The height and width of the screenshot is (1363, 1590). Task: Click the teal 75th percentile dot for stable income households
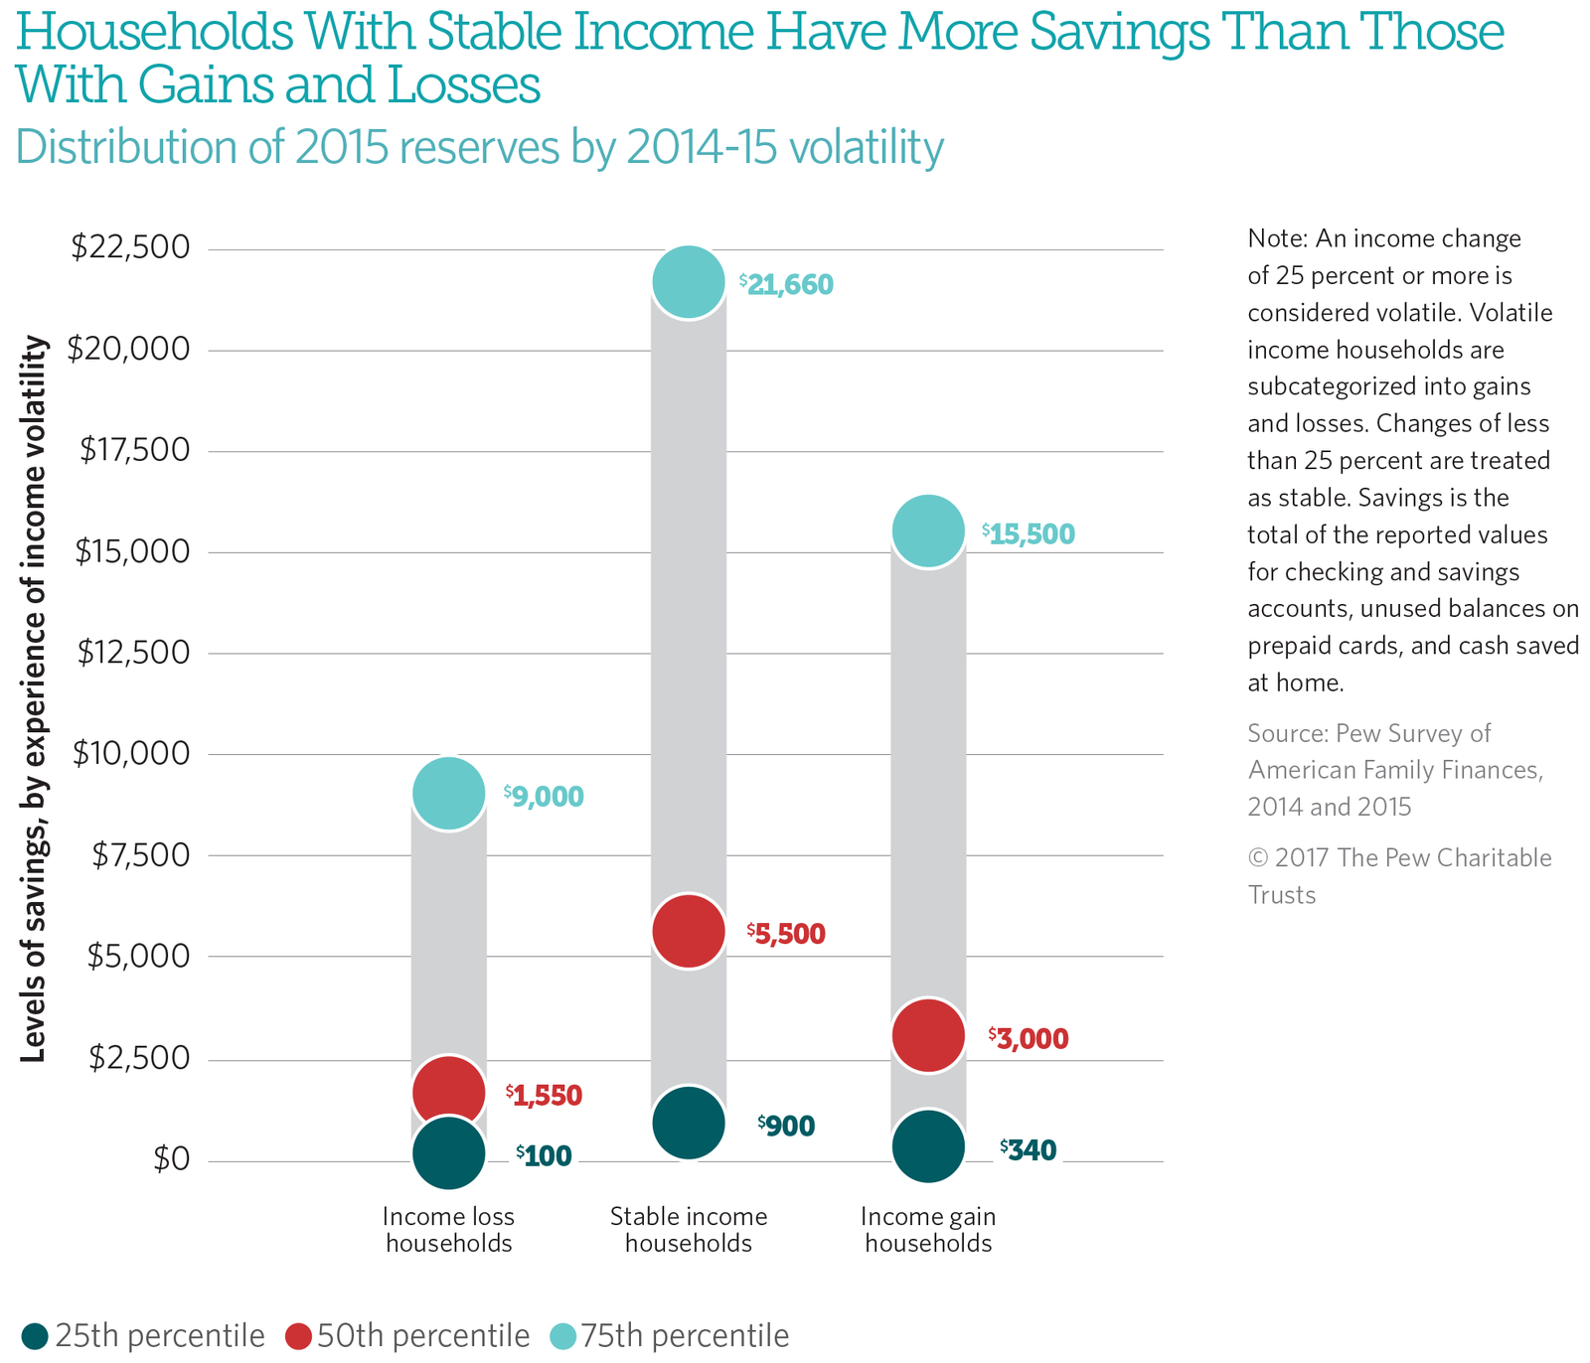point(688,282)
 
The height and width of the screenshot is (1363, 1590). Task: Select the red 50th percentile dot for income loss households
point(448,1091)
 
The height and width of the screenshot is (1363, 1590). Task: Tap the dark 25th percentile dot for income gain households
point(927,1145)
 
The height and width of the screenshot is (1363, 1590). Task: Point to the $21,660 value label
point(787,286)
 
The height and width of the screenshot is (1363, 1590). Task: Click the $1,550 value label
point(544,1096)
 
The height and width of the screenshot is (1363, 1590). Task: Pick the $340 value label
point(1029,1150)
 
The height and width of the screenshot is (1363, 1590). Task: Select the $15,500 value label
point(1029,534)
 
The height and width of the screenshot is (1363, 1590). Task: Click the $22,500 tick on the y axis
point(130,247)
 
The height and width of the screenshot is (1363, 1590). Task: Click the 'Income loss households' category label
point(448,1230)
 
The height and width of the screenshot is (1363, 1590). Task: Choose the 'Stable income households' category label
point(688,1230)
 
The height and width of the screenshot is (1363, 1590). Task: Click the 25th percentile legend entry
point(143,1336)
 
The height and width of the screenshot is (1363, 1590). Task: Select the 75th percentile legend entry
point(670,1336)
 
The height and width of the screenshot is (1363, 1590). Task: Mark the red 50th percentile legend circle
point(298,1336)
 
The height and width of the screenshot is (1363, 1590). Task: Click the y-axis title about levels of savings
point(34,698)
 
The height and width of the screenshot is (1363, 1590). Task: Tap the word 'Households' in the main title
point(155,32)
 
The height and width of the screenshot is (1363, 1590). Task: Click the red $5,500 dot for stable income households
point(688,931)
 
